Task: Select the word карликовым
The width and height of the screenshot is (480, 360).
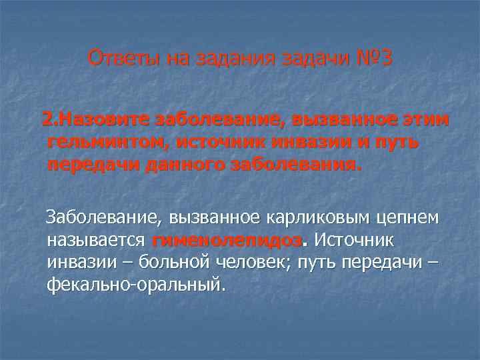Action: [312, 219]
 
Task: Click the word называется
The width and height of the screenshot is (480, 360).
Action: [96, 240]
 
